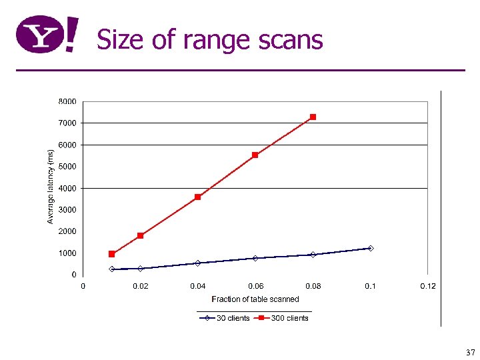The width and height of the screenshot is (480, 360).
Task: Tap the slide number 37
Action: click(x=470, y=352)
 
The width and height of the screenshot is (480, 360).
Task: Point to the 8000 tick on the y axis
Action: click(x=67, y=101)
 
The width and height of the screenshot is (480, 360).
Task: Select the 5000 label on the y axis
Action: click(x=67, y=166)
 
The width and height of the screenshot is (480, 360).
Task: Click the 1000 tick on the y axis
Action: click(x=67, y=253)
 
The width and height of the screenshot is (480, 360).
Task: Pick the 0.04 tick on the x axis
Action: click(x=197, y=286)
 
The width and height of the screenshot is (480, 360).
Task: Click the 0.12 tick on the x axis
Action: click(x=427, y=286)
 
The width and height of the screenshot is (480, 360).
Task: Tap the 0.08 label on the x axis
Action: click(x=313, y=286)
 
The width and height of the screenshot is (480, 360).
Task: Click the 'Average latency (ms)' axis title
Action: click(x=51, y=186)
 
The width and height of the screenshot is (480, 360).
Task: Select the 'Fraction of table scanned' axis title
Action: click(x=255, y=299)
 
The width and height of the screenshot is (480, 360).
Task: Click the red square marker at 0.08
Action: click(x=313, y=117)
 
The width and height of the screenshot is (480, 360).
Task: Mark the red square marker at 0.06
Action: click(x=255, y=155)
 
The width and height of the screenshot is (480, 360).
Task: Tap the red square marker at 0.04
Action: click(x=198, y=197)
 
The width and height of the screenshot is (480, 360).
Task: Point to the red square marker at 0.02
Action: click(x=140, y=235)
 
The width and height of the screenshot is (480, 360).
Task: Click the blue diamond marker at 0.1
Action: click(x=371, y=248)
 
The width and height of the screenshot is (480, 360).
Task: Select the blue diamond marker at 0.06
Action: click(x=255, y=258)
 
